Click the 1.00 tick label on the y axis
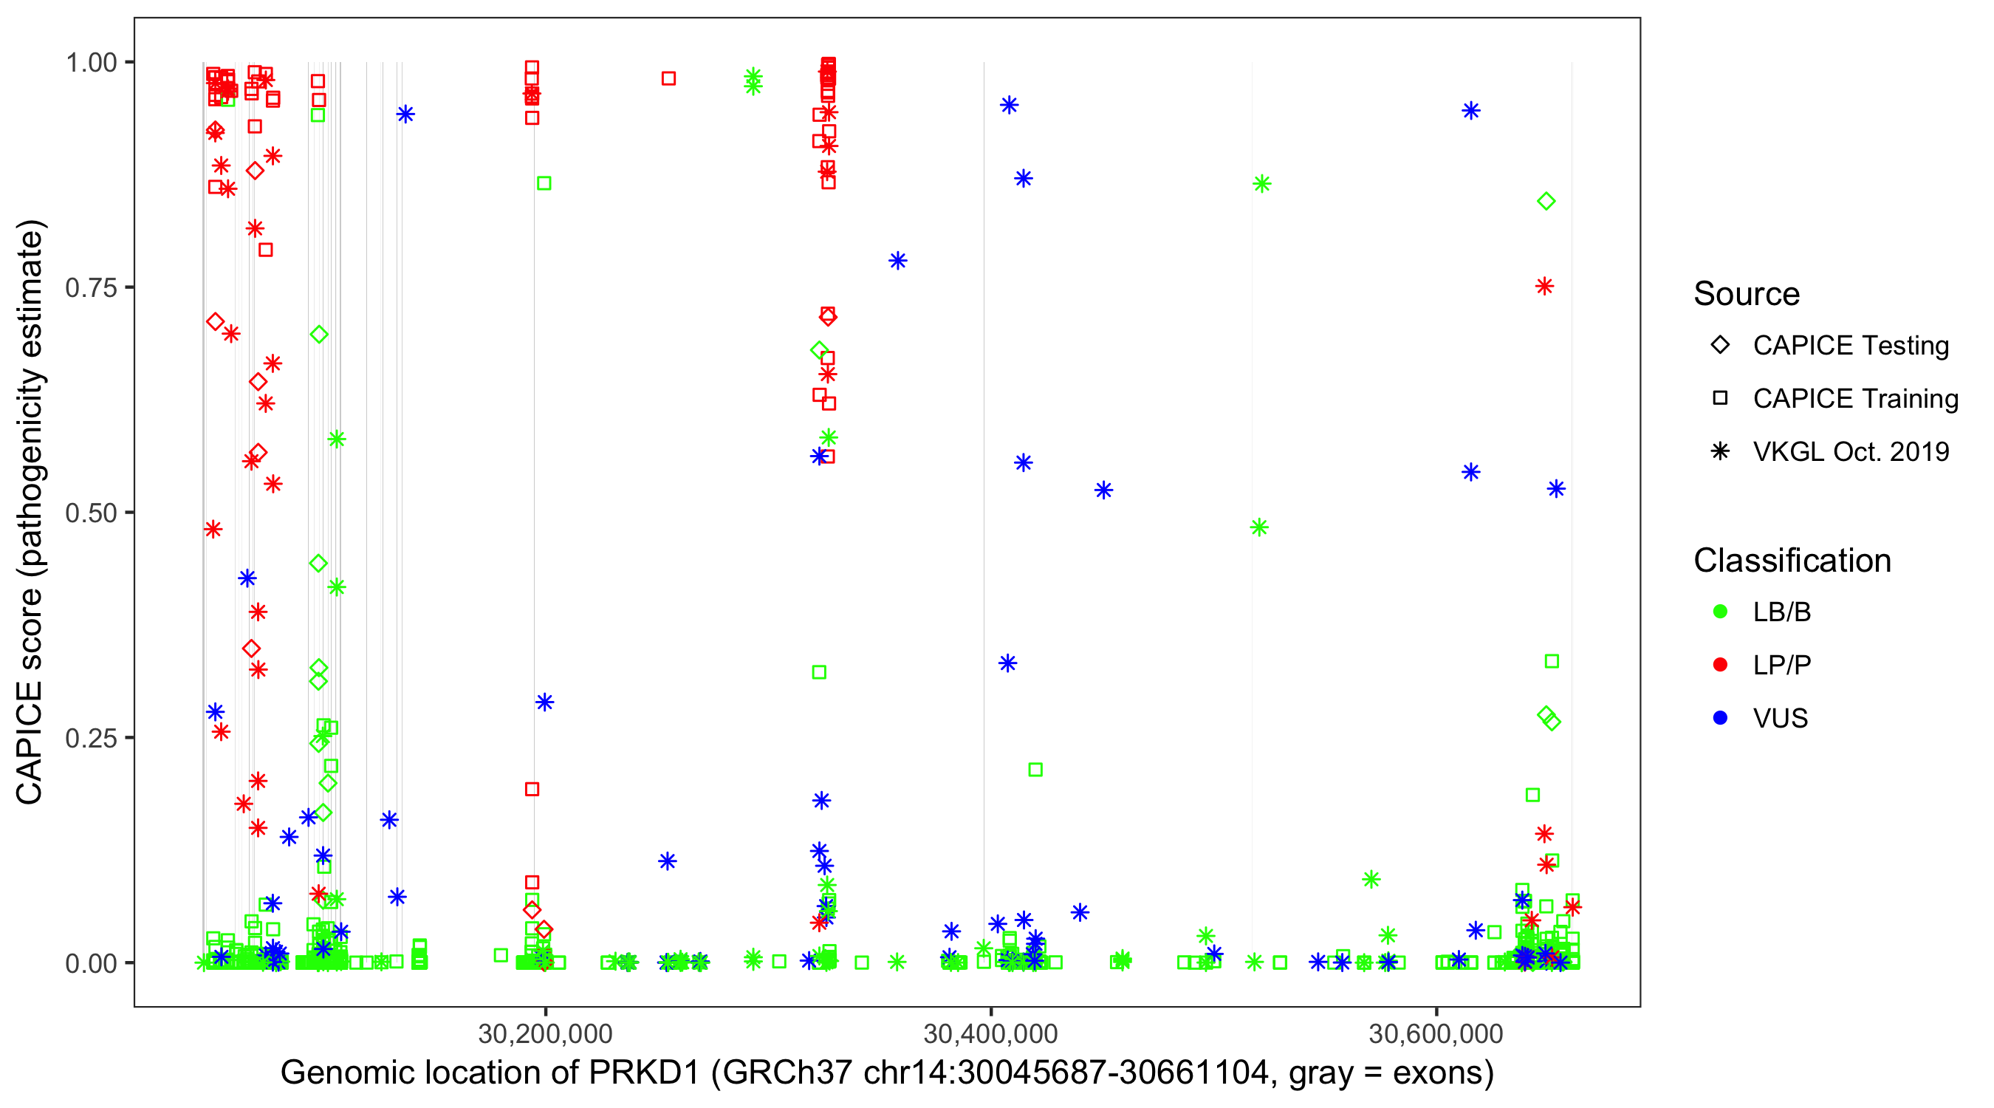(90, 63)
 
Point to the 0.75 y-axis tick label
(90, 288)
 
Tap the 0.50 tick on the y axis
(90, 513)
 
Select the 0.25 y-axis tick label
(90, 738)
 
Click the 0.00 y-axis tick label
(90, 963)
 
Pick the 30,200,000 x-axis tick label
(545, 1033)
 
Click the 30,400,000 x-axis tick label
(990, 1033)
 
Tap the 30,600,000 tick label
(1436, 1033)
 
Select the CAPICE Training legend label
(1854, 399)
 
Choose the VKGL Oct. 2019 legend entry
(1850, 452)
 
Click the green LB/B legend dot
(1720, 612)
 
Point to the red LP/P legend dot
(1720, 665)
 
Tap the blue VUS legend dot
(1720, 719)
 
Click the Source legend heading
(1747, 294)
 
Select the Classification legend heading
(1792, 561)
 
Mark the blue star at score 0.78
(897, 261)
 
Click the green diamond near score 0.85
(1546, 202)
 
